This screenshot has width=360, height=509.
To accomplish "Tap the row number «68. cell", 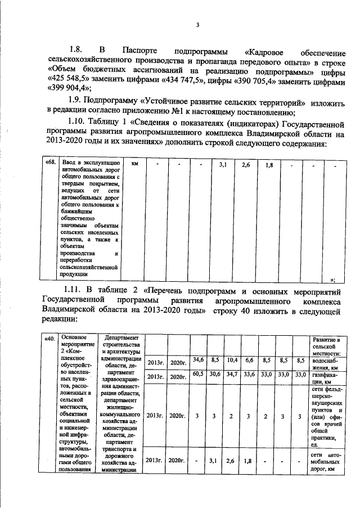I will point(49,164).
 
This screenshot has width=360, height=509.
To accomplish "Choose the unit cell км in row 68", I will point(135,164).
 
